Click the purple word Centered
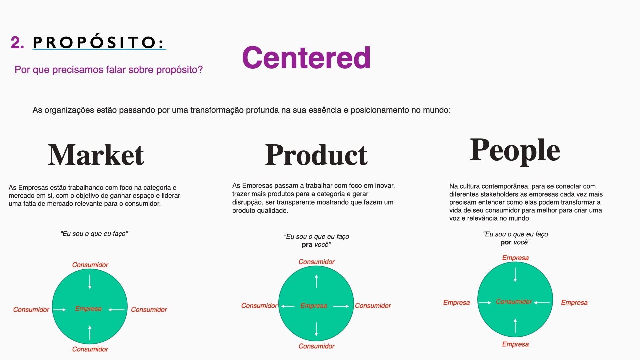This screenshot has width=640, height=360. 306,58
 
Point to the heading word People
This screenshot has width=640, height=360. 515,151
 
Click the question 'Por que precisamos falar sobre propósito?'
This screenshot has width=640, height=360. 109,70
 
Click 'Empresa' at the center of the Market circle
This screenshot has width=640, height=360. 88,309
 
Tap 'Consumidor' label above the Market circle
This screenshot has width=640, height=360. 90,265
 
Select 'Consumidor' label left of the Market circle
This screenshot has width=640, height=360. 31,309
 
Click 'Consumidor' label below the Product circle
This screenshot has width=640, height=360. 317,346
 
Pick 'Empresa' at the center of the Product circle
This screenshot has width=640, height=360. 314,305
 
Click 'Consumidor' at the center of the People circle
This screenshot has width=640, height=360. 514,301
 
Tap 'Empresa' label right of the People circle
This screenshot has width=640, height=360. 574,302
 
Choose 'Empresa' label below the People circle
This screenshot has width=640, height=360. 516,344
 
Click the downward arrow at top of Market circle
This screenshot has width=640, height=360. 90,282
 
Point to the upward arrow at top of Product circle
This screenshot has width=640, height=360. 316,281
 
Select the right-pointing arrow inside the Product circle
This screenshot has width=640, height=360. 341,306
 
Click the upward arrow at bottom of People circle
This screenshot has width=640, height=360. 515,326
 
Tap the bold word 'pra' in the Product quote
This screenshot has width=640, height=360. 307,245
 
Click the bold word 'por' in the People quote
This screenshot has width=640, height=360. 506,242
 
